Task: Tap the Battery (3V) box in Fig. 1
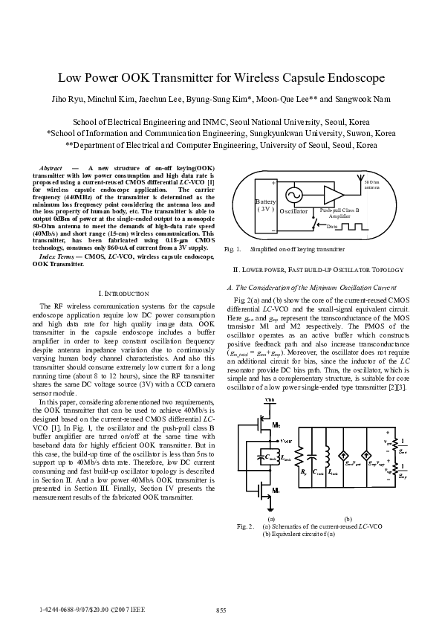(265, 204)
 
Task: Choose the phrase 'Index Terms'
(61, 256)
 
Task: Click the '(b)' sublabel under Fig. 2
(348, 518)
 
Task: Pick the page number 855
(221, 610)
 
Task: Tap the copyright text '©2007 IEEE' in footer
(128, 610)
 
